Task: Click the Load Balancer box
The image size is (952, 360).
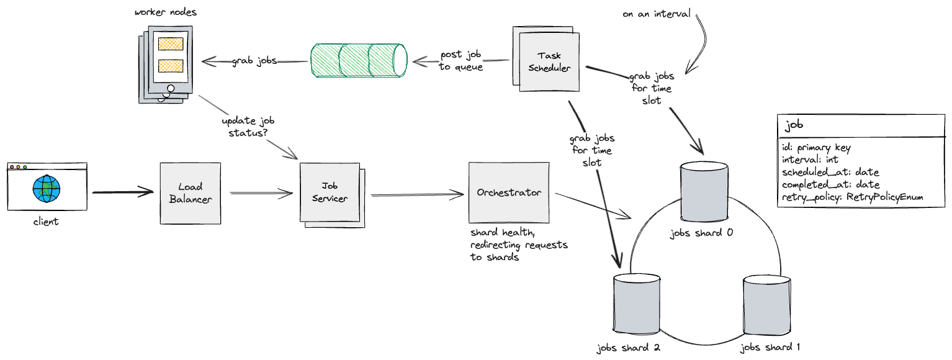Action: tap(191, 193)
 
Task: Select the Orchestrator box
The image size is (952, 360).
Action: tap(509, 192)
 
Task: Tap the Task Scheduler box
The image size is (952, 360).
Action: tap(549, 62)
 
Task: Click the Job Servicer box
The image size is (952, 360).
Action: tap(330, 193)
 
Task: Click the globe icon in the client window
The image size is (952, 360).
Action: tap(47, 189)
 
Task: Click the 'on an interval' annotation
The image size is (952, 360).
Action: tap(656, 13)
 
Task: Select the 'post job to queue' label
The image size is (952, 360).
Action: tap(461, 61)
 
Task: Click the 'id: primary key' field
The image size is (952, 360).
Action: tap(816, 148)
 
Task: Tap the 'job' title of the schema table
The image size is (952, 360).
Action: tap(794, 125)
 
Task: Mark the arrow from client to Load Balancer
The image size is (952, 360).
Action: tap(122, 192)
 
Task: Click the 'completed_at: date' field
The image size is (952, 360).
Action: tap(830, 184)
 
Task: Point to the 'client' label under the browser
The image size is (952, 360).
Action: tap(46, 221)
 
